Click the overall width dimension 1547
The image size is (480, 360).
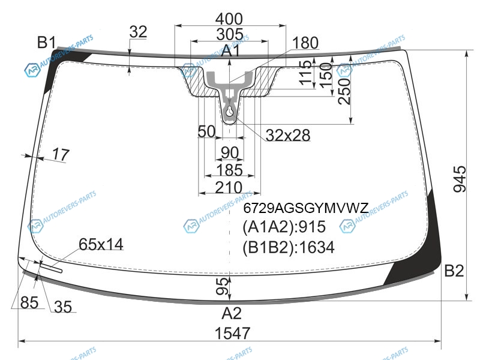[232, 333]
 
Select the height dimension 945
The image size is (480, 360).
[460, 179]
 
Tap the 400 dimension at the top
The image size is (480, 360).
[229, 19]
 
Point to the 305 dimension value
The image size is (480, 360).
[230, 34]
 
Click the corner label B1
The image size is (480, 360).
[47, 42]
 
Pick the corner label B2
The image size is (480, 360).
[454, 271]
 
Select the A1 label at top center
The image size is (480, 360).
[230, 50]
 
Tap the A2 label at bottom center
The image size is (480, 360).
[232, 313]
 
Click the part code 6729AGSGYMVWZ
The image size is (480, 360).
[306, 208]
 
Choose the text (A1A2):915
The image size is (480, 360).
[284, 227]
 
